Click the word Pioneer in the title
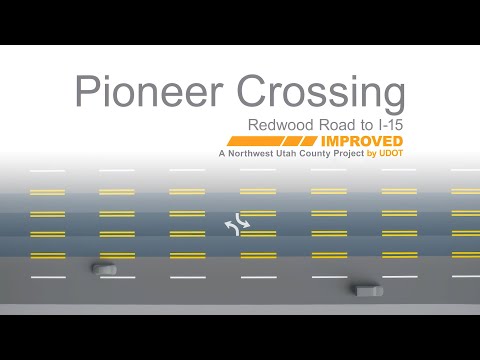pyautogui.click(x=149, y=91)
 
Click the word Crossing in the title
pyautogui.click(x=321, y=94)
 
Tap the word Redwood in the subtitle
pyautogui.click(x=281, y=125)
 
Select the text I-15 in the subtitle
pyautogui.click(x=391, y=125)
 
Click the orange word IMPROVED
pyautogui.click(x=362, y=141)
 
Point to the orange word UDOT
pyautogui.click(x=391, y=153)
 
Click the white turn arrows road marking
pyautogui.click(x=237, y=224)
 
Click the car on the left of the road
pyautogui.click(x=104, y=268)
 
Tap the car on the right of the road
pyautogui.click(x=368, y=291)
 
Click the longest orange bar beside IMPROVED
pyautogui.click(x=256, y=141)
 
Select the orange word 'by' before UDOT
pyautogui.click(x=371, y=154)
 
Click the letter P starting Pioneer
pyautogui.click(x=86, y=91)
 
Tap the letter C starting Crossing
pyautogui.click(x=251, y=91)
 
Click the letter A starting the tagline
pyautogui.click(x=222, y=153)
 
